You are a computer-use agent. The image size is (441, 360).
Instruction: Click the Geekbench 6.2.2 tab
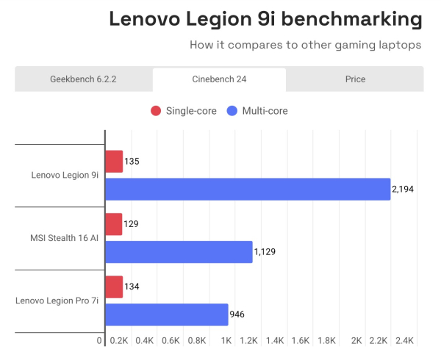pos(84,79)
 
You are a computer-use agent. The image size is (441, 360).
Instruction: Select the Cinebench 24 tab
pos(219,79)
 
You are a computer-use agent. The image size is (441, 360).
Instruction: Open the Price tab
pos(355,79)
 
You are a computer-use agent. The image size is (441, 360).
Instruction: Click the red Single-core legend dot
pos(156,111)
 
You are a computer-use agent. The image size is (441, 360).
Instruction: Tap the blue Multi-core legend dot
pos(232,111)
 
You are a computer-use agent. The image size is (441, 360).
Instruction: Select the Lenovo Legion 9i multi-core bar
pos(248,189)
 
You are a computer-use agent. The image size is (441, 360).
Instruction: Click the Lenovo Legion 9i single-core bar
pos(114,161)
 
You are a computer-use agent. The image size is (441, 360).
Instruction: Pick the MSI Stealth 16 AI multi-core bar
pos(179,252)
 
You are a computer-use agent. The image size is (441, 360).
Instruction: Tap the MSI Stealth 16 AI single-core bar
pos(114,224)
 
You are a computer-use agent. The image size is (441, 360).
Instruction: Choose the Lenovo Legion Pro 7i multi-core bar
pos(167,314)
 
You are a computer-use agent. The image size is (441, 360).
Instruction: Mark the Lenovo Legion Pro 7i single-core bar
pos(114,287)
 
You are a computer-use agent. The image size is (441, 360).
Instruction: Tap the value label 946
pos(237,314)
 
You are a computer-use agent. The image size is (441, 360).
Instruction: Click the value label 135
pos(132,161)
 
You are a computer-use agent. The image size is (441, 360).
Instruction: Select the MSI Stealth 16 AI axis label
pos(65,238)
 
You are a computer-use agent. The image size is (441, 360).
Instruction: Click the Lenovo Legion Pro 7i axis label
pos(57,301)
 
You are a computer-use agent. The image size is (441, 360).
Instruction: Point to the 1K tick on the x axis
pos(226,341)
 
